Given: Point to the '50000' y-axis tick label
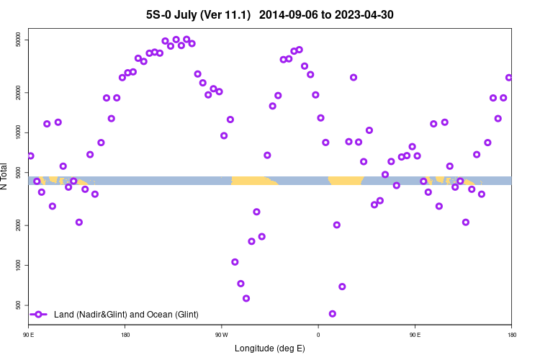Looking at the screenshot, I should (x=19, y=41).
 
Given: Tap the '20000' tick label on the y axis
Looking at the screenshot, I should (x=19, y=93).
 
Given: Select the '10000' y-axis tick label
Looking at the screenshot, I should (x=19, y=133).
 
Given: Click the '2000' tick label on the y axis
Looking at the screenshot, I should (x=19, y=226).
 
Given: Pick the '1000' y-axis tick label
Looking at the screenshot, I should (x=19, y=266).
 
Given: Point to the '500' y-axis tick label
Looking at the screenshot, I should (x=19, y=305).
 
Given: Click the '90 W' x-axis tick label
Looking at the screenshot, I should (x=221, y=335).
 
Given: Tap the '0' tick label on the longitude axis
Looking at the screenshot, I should (x=318, y=335).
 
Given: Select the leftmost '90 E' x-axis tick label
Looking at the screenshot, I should (x=29, y=335).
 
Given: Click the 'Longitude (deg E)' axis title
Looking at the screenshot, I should (x=270, y=348).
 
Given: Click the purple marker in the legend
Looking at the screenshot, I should (x=39, y=315).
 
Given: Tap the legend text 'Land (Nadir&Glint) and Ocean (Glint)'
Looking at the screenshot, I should (x=126, y=315).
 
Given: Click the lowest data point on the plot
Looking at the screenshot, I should (x=332, y=314).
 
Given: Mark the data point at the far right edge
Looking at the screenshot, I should (x=509, y=78).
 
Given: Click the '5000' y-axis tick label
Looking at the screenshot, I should (x=19, y=173).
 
